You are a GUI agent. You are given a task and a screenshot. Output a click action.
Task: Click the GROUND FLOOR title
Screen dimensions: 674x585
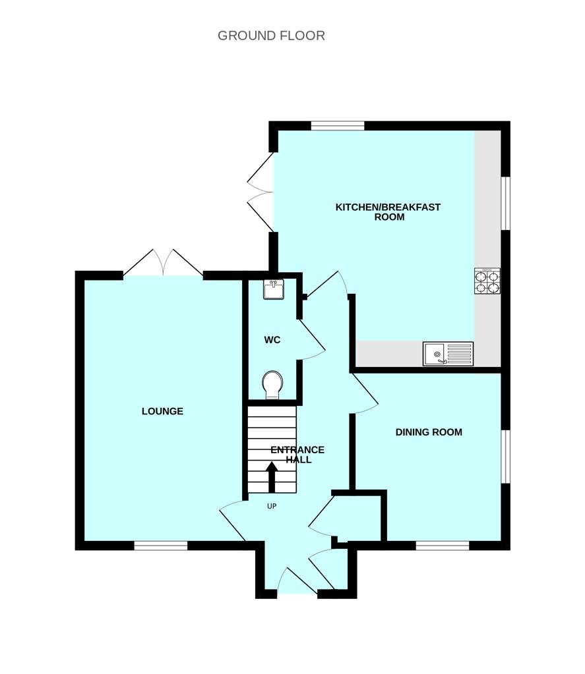point(271,36)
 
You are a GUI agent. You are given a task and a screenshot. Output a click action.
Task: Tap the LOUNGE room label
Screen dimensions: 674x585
point(162,411)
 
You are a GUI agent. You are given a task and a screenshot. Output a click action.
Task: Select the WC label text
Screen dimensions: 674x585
point(272,340)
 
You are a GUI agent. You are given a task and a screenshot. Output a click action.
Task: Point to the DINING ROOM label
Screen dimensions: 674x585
point(429,432)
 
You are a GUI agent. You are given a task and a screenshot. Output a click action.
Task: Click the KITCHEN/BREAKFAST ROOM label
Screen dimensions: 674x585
point(388,211)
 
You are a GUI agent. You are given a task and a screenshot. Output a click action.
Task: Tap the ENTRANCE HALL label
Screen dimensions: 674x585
point(297,455)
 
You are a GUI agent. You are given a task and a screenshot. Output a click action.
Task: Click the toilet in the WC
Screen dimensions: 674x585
point(272,385)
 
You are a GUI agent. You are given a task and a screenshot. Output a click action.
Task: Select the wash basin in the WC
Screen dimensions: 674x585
point(274,289)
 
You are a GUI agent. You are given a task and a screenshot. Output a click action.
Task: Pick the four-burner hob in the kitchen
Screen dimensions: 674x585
point(487,281)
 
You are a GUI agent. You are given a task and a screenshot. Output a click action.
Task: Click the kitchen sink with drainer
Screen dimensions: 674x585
point(448,354)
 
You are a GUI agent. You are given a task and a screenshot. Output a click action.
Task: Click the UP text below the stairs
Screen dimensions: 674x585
point(271,506)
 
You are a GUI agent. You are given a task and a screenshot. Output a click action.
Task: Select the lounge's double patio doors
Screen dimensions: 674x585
point(163,264)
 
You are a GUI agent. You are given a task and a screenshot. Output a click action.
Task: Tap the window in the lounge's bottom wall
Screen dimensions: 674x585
point(161,545)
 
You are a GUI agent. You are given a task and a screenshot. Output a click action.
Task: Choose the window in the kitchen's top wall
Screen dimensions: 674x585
point(338,125)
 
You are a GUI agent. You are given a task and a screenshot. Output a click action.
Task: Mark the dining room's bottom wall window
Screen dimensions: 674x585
point(443,545)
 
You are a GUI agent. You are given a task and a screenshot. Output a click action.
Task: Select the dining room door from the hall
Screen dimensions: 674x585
point(364,394)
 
